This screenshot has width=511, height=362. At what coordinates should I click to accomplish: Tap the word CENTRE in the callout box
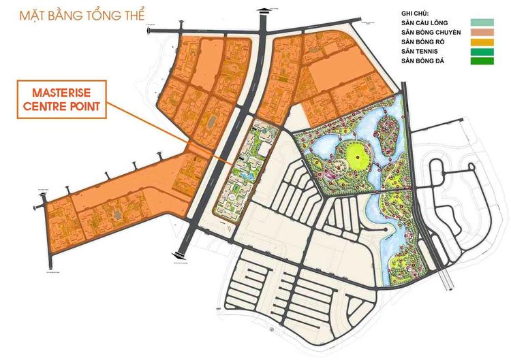tap(48, 106)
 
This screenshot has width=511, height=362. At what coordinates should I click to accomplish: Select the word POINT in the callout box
tap(86, 106)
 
